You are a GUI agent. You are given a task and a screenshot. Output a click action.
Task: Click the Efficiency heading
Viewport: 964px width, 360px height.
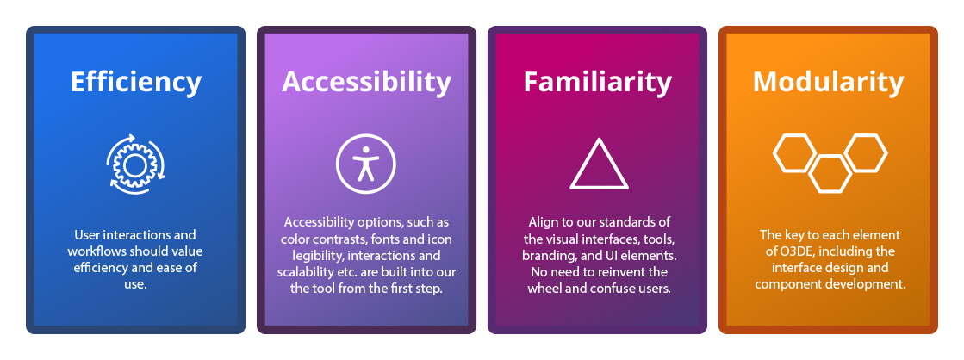coord(136,83)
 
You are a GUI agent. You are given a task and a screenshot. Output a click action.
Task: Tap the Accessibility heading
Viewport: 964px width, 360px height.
coord(366,83)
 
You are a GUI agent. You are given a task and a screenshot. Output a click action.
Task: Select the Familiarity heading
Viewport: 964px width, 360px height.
coord(598,83)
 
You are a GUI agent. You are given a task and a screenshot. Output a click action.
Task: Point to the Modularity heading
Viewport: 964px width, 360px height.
coord(828,83)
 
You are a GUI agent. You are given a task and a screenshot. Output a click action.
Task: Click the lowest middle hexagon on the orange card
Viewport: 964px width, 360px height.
coord(830,175)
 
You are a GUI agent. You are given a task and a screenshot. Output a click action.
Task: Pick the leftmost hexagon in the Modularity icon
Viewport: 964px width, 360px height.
coord(794,153)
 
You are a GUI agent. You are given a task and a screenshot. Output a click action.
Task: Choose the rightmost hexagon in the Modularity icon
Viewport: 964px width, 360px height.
coord(866,153)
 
